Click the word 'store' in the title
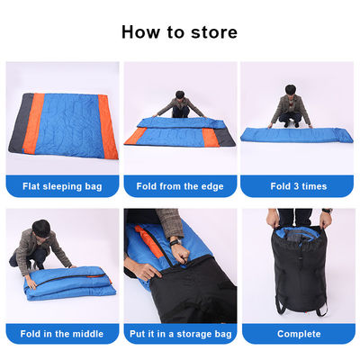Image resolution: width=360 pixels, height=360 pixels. point(214,32)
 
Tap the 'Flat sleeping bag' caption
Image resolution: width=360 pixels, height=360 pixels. point(62,186)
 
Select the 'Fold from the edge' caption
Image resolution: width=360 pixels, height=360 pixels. point(180,186)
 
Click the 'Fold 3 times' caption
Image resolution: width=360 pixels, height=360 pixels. point(299,186)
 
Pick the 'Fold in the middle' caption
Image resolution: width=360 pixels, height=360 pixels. point(62,334)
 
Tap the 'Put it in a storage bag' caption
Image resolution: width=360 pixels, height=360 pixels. point(181,334)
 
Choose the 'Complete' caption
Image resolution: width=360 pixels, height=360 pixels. point(299,334)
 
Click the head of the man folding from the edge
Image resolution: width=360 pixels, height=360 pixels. point(180,95)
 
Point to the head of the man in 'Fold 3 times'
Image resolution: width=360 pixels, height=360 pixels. point(291,90)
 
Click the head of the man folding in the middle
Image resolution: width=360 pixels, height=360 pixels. point(41,229)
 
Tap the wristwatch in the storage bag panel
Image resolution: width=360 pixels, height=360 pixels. point(175,242)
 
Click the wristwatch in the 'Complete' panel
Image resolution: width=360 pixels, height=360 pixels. point(327,211)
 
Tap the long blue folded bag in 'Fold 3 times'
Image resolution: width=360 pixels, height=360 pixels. point(296,135)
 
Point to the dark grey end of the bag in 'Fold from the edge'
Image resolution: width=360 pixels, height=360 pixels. point(224,137)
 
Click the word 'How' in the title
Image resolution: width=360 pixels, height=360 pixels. point(140,32)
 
